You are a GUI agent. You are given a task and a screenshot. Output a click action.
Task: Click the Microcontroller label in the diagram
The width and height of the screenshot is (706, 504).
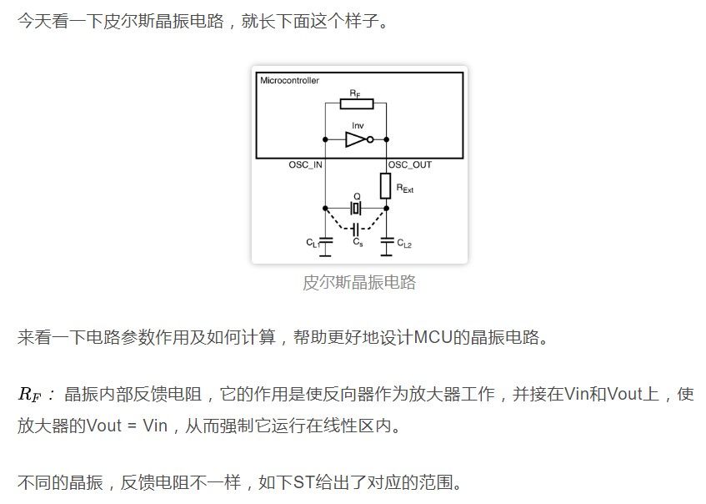289,80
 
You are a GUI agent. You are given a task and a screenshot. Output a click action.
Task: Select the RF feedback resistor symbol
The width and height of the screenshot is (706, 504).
357,104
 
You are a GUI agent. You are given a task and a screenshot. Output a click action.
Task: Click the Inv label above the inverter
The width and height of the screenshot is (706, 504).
358,125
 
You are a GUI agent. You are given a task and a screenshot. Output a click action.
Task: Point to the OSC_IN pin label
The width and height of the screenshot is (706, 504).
305,165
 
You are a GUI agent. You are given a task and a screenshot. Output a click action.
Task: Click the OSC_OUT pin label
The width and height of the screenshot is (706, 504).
410,165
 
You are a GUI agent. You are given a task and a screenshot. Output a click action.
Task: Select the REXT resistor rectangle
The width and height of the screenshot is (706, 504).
385,186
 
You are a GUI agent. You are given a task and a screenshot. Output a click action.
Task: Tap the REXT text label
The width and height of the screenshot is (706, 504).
405,188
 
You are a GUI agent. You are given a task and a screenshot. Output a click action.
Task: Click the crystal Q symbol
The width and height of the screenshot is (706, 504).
357,208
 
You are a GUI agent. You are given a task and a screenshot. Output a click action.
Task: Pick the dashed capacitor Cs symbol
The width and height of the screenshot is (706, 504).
356,229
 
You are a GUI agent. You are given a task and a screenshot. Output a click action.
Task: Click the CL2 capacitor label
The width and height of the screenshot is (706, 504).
404,244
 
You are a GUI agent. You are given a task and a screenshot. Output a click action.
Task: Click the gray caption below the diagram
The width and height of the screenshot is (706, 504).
359,283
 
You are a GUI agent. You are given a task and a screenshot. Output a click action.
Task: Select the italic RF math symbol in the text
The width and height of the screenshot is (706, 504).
30,395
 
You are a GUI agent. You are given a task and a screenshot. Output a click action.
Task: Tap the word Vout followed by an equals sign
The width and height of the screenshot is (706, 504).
104,426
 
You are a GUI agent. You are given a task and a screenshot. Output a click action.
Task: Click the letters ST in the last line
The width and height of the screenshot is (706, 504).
304,483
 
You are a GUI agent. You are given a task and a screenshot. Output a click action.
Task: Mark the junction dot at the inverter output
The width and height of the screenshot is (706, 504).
386,139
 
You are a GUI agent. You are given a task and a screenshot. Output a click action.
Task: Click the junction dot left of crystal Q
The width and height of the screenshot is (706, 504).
325,209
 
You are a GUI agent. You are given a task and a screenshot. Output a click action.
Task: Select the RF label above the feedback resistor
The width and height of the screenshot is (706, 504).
355,93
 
